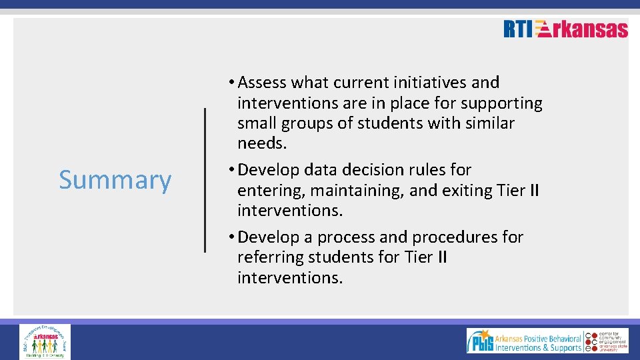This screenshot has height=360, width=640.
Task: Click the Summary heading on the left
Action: coord(115,180)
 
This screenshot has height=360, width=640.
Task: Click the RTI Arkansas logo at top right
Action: coord(565,29)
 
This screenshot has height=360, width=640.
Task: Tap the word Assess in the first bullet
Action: coord(262,83)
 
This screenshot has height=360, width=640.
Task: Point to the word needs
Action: coord(261,143)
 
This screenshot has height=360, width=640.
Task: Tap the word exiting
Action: coord(466,191)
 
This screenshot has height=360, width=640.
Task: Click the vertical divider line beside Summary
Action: coord(205,180)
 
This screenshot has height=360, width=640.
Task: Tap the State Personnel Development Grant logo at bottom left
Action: coord(45,341)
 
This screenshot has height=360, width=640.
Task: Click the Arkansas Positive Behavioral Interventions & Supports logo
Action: coord(524,341)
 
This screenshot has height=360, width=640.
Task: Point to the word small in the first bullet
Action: coord(257,123)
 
